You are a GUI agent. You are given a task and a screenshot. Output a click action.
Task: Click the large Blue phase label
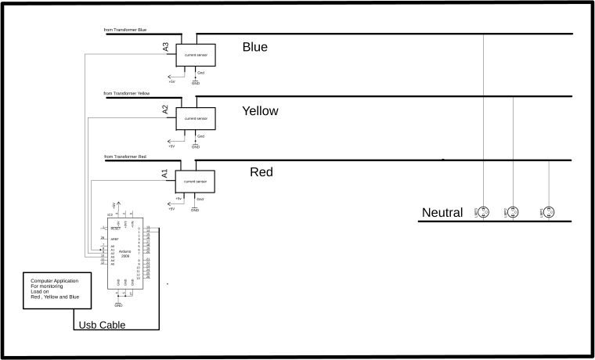coord(254,47)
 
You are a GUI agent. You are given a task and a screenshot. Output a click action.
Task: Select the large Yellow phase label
coord(260,111)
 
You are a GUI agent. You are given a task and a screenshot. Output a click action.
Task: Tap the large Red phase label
coord(261,172)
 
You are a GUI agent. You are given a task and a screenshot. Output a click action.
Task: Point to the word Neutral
coord(444,213)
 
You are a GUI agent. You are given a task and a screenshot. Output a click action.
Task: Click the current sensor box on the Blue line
coord(196,56)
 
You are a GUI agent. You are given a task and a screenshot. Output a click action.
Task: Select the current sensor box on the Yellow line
coord(196,119)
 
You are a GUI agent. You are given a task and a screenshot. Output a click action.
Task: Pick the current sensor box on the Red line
coord(195,182)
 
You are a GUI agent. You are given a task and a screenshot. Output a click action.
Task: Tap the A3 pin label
coord(165,47)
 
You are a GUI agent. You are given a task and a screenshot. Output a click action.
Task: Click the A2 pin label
coord(165,110)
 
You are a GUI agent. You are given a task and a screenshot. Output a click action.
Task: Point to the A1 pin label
coord(164,174)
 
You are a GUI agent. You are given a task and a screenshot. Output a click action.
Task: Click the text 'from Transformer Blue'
coord(125,31)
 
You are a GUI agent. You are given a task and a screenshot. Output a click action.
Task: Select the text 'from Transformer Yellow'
coord(127,93)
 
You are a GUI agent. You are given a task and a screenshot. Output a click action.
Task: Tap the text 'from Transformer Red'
coord(125,157)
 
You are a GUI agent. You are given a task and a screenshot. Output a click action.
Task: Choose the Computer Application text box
coord(56,290)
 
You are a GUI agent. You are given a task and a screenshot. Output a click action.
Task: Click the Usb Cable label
coord(102,325)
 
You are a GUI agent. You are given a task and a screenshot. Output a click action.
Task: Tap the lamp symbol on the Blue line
coord(484,212)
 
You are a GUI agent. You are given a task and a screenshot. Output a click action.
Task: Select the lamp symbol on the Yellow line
coord(513,212)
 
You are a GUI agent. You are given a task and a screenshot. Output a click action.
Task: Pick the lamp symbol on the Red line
coord(549,212)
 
